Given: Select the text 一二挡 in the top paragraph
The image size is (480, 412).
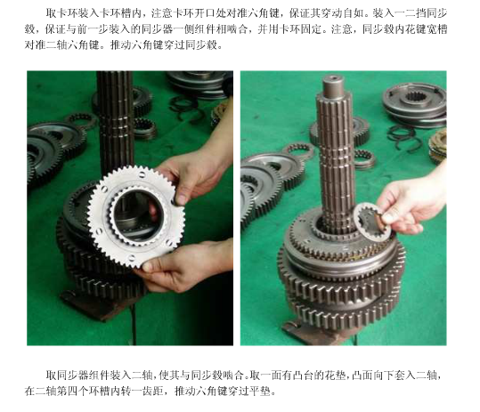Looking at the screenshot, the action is [400, 13].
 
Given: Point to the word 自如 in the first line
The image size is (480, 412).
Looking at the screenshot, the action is [356, 13].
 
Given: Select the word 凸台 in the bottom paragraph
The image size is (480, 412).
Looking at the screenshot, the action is [304, 375].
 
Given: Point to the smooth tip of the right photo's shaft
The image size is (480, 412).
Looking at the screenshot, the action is [333, 85].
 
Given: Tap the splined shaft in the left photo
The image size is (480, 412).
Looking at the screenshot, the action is [116, 122].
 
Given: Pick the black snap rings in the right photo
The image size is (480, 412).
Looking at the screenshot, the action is [404, 138].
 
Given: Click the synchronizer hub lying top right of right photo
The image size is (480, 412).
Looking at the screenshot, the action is [415, 104].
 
